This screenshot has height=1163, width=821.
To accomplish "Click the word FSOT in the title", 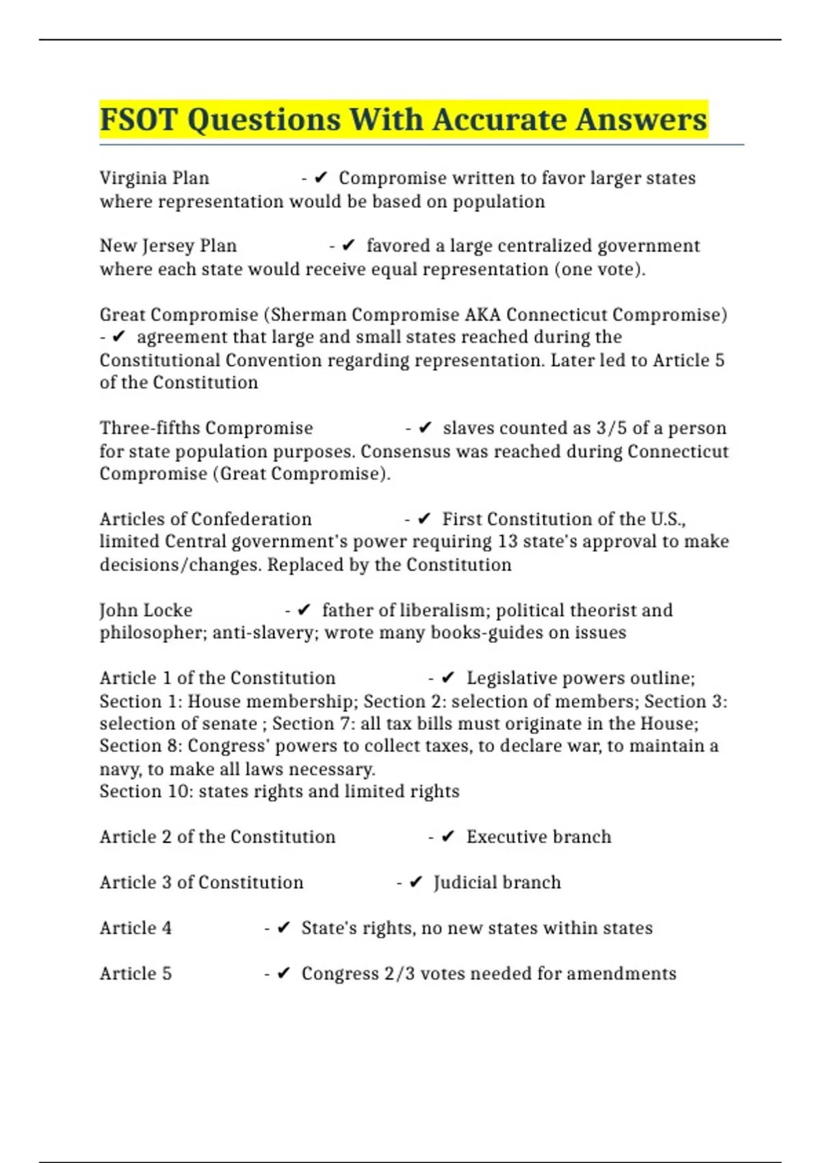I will click(138, 120).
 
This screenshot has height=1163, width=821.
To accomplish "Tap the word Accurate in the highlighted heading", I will click(498, 120).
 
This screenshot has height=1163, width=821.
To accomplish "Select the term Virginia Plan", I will click(154, 178).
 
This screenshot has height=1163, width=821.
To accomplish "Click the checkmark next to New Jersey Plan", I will click(348, 245).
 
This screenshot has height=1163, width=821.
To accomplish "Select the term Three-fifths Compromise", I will click(206, 428).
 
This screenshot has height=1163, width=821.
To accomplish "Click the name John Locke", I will click(146, 610).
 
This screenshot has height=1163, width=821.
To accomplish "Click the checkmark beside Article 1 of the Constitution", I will click(448, 677).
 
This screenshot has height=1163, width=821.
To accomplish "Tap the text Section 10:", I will click(146, 792).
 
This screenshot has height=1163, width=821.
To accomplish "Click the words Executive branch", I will click(538, 837).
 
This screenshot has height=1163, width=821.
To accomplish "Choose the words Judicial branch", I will click(497, 883).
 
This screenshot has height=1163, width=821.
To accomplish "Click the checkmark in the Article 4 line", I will click(284, 928).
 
